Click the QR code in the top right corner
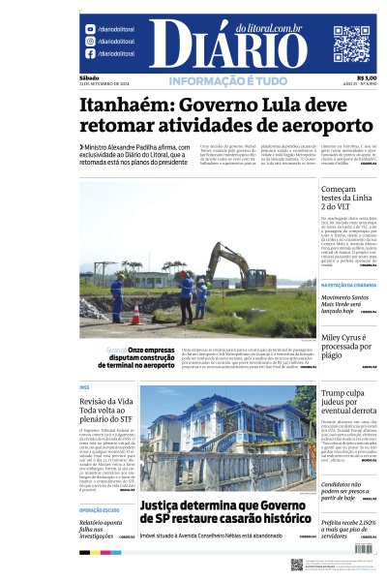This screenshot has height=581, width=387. pos(350,43)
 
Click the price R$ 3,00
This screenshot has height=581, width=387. pos(367,78)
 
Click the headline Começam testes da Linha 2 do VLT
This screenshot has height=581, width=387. pos(345,199)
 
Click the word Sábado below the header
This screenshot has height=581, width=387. pos(90,77)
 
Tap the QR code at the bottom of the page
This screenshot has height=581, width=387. pos(297,564)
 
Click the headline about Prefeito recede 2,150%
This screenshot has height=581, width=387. pos(345,528)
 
